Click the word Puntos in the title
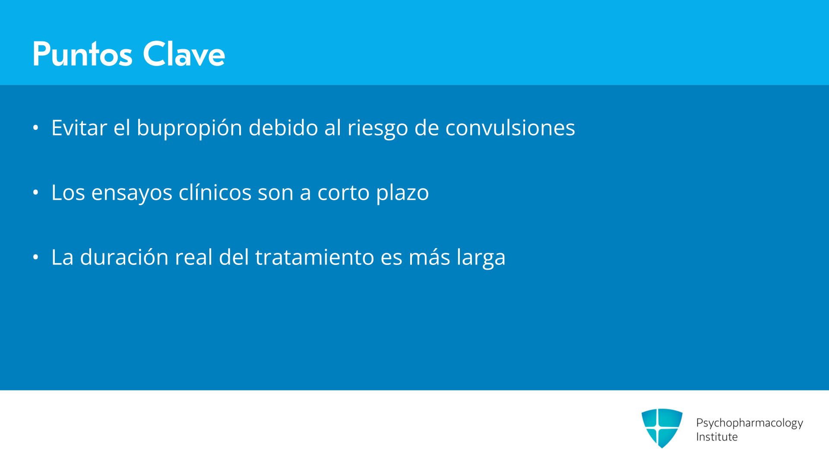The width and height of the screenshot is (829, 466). [x=82, y=54]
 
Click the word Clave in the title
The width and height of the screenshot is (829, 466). [x=184, y=54]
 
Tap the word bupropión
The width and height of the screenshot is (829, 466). [x=190, y=128]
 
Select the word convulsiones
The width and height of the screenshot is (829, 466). [x=510, y=128]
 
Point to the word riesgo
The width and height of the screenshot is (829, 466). [x=378, y=128]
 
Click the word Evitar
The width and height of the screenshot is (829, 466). [x=79, y=128]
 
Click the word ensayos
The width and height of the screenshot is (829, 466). [x=132, y=193]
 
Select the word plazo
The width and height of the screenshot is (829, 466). [x=402, y=193]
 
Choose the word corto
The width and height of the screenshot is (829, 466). [x=344, y=192]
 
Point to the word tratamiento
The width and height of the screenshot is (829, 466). [x=315, y=257]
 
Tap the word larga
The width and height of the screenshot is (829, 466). [x=481, y=258]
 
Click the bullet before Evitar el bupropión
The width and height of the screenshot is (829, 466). [x=36, y=128]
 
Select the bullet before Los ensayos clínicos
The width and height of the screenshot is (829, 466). [x=36, y=192]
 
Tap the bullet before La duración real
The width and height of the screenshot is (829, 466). [x=36, y=257]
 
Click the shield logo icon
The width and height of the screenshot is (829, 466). [x=662, y=428]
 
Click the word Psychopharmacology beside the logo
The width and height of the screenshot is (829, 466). [x=750, y=423]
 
